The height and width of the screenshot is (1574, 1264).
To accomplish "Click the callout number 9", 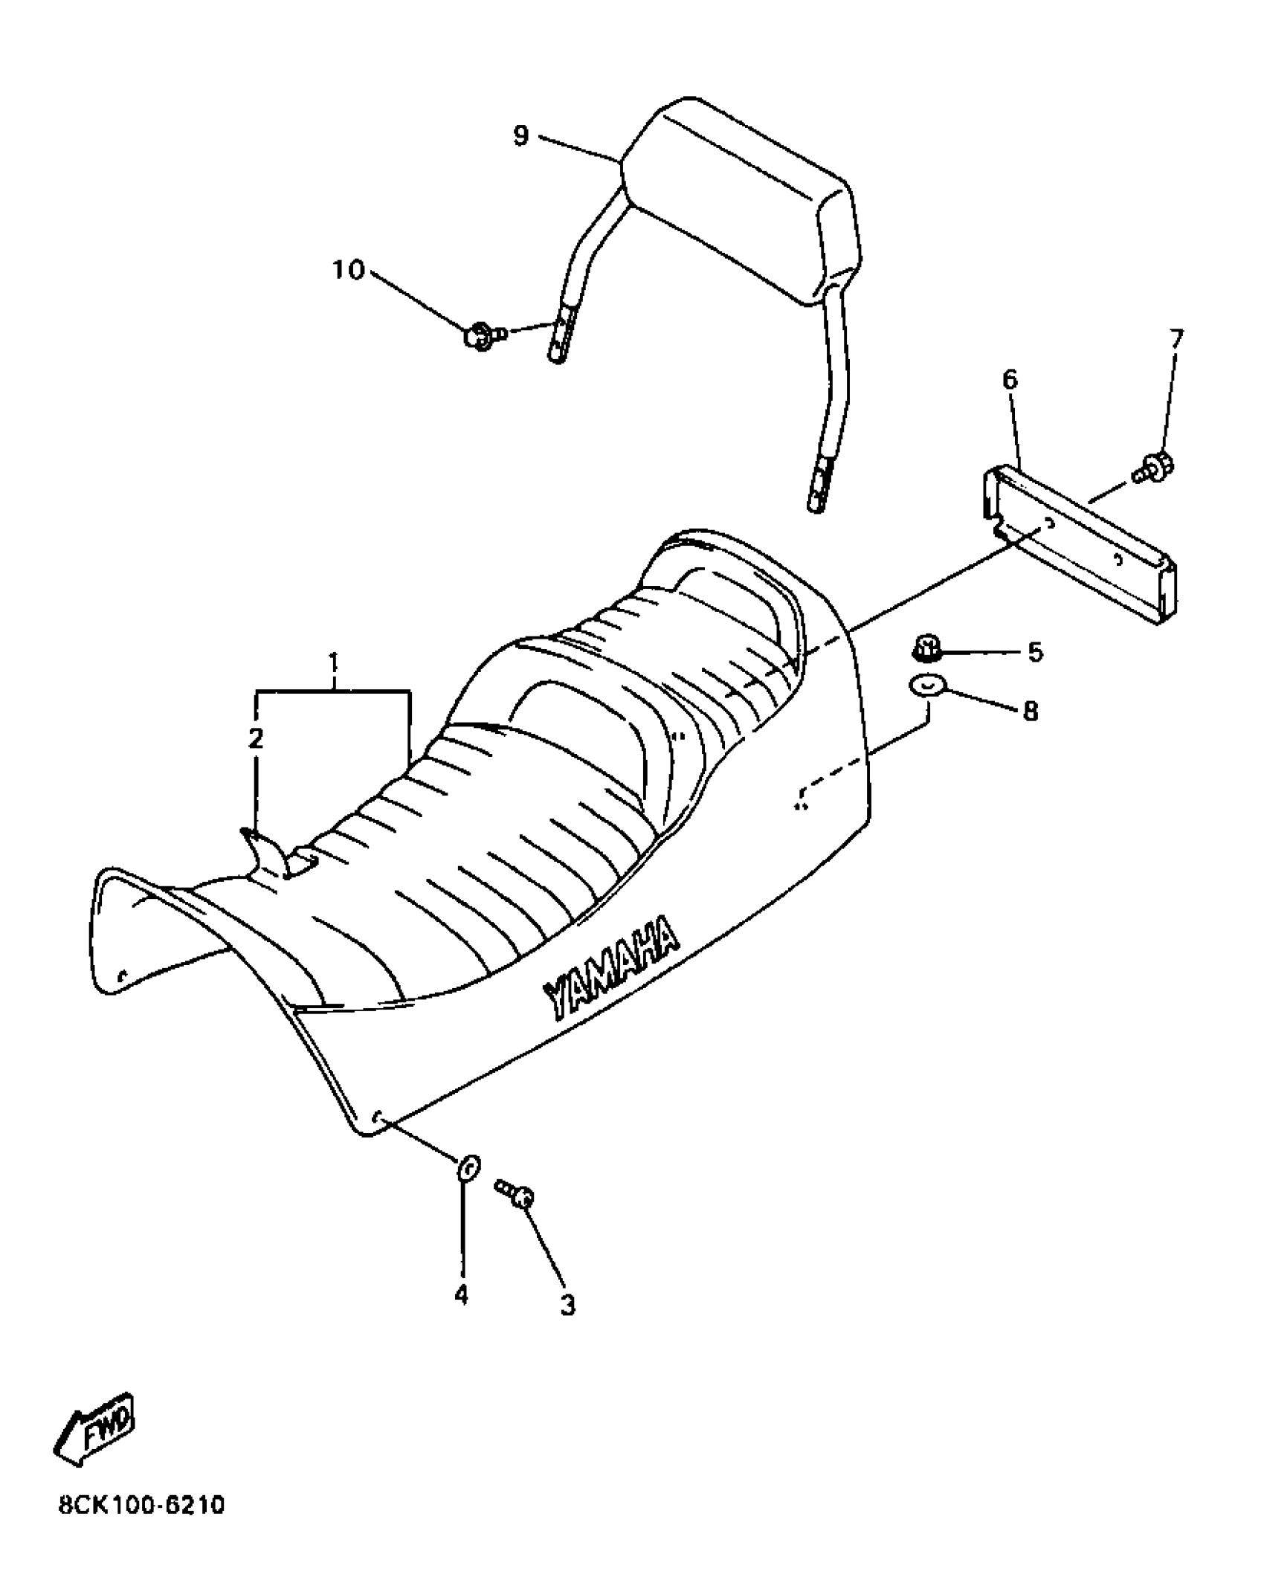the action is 520,135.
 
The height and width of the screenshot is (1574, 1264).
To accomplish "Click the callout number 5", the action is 1035,652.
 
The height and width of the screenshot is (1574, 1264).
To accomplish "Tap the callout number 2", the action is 255,738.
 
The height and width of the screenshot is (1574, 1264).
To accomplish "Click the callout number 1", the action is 334,661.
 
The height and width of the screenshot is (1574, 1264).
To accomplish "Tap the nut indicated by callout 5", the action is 926,648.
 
